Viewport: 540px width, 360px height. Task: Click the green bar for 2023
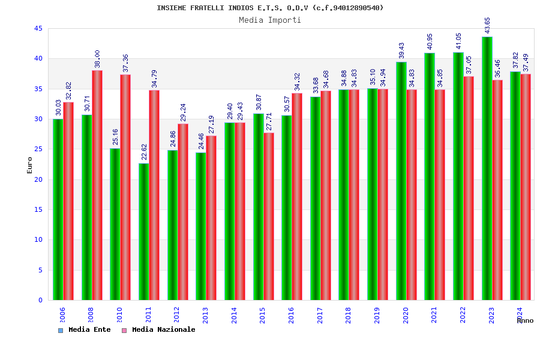click(x=487, y=168)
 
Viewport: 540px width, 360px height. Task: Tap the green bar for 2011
click(x=143, y=232)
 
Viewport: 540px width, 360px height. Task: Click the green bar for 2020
click(x=401, y=181)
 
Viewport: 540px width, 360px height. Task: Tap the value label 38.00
click(x=97, y=59)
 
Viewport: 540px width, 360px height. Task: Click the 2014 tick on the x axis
click(x=234, y=315)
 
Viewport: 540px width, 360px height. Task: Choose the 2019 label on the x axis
click(x=377, y=315)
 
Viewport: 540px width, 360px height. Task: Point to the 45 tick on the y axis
click(x=38, y=29)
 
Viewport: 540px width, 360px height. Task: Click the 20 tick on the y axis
click(x=38, y=179)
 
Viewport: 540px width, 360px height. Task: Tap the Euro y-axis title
click(x=30, y=165)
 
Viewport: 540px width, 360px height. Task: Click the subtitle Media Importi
click(x=270, y=20)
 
